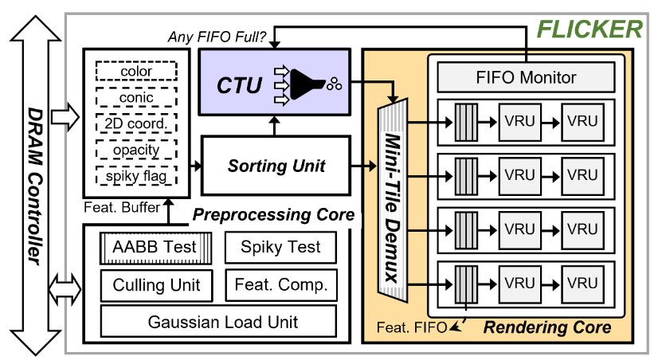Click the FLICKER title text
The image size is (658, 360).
pos(589,29)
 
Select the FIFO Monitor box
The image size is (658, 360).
pos(526,77)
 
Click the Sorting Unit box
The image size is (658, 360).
pos(275,166)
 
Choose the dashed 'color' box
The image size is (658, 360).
pos(136,72)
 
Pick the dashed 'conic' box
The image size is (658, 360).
pos(136,98)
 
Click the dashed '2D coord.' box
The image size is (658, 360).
pos(136,124)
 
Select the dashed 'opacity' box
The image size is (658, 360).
pos(136,150)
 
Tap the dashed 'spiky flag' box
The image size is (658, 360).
pos(136,175)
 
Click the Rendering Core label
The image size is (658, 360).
pos(547,327)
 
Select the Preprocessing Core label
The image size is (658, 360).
pos(273,215)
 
